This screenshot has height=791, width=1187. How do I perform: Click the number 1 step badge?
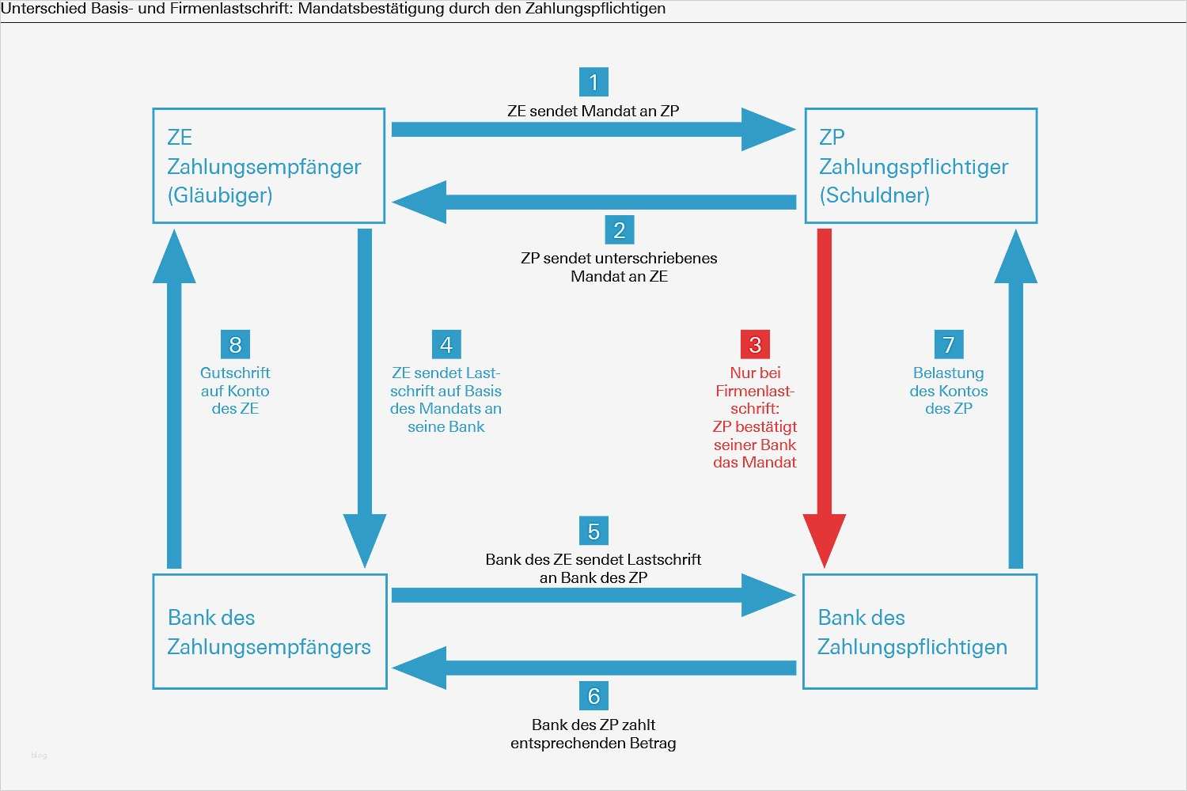pyautogui.click(x=593, y=82)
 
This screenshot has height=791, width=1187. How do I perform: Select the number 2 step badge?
pyautogui.click(x=619, y=230)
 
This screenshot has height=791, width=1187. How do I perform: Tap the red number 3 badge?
pyautogui.click(x=755, y=345)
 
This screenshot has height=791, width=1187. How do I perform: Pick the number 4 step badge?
pyautogui.click(x=446, y=345)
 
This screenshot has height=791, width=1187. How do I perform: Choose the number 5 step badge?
pyautogui.click(x=593, y=532)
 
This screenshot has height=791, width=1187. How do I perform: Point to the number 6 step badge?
pyautogui.click(x=593, y=696)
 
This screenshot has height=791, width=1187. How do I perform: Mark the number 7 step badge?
pyautogui.click(x=948, y=345)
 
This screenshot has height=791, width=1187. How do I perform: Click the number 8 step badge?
pyautogui.click(x=235, y=345)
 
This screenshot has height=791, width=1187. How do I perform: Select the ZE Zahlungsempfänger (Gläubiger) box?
pyautogui.click(x=269, y=166)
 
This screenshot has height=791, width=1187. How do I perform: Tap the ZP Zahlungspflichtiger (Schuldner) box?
pyautogui.click(x=920, y=166)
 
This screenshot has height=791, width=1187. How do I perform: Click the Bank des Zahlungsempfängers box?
pyautogui.click(x=269, y=631)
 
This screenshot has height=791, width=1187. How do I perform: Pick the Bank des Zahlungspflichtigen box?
pyautogui.click(x=920, y=631)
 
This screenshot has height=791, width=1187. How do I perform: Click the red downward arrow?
pyautogui.click(x=825, y=395)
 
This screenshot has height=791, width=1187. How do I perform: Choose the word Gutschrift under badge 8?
pyautogui.click(x=235, y=373)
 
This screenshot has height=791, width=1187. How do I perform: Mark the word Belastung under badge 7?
pyautogui.click(x=948, y=373)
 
